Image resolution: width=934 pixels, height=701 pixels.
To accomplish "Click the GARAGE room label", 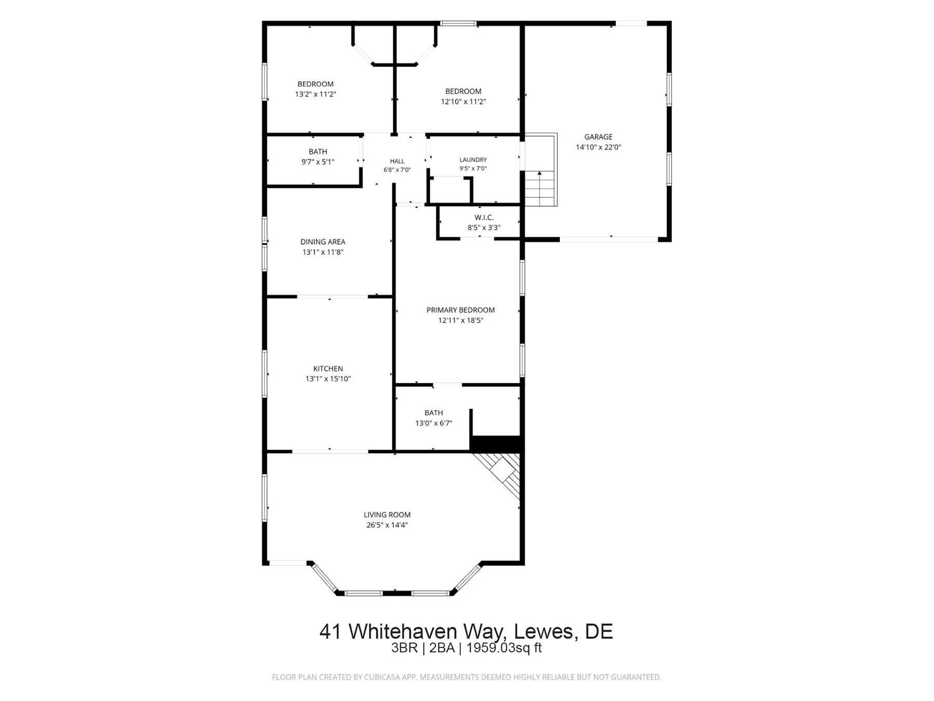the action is click(598, 137).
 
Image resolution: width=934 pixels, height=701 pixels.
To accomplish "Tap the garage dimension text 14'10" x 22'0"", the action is click(598, 147).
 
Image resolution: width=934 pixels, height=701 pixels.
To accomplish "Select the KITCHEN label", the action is click(328, 369).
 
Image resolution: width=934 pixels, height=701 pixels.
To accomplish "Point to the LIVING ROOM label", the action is click(387, 515).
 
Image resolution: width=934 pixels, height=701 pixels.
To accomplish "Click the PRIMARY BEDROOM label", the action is click(461, 310).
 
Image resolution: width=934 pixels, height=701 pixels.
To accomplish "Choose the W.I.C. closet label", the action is click(484, 218).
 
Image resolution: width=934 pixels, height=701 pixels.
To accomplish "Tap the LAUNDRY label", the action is click(473, 159).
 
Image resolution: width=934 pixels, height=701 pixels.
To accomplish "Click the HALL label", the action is click(397, 161).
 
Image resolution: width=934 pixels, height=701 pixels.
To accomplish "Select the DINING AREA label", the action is click(323, 241).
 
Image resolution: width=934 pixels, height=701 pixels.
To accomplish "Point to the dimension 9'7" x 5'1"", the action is click(318, 162).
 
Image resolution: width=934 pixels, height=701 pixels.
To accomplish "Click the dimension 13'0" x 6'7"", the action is click(434, 423).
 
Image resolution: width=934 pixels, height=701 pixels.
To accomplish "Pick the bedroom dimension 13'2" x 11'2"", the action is click(315, 94).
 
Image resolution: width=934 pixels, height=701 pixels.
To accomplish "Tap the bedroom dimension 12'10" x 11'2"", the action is click(463, 102).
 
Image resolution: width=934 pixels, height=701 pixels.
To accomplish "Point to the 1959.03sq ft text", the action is click(504, 648).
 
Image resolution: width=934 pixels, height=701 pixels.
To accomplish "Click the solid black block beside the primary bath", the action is click(496, 444).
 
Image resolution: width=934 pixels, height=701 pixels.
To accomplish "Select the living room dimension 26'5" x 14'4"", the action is click(387, 525).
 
